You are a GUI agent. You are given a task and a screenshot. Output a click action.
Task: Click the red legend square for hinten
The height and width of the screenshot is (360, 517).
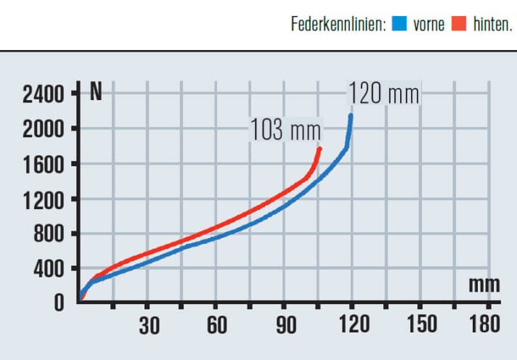(458, 25)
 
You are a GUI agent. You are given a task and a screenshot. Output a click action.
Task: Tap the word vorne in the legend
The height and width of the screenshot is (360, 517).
(428, 25)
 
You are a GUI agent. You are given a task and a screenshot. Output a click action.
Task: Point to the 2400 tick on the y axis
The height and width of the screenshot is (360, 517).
(43, 94)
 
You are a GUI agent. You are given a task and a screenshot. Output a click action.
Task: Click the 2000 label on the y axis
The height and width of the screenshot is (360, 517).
(43, 129)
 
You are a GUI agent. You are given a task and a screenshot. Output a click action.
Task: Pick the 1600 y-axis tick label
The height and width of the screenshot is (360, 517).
(43, 164)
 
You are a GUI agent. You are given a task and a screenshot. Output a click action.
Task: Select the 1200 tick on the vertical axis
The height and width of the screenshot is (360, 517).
(43, 200)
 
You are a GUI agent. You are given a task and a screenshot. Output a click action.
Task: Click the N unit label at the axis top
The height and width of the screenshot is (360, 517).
(95, 92)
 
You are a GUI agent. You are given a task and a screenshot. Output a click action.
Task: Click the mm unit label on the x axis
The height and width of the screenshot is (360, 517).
(484, 285)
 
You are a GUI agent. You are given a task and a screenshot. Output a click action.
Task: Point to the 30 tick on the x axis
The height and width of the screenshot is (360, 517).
(149, 325)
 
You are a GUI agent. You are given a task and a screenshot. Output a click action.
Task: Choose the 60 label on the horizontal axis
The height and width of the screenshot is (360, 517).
(217, 325)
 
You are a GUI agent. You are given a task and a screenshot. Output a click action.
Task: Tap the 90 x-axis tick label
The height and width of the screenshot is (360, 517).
(285, 325)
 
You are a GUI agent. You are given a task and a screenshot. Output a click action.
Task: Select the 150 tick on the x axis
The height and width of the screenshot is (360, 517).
(423, 325)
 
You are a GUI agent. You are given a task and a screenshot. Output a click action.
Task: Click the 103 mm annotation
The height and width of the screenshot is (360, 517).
(285, 130)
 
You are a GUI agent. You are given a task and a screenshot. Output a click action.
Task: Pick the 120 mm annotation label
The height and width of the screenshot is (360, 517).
(383, 94)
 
